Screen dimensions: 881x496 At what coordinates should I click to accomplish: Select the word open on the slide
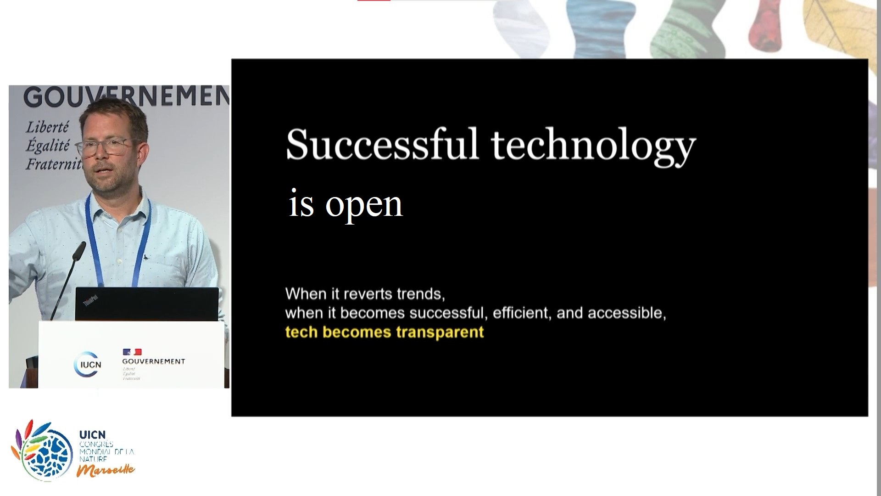click(364, 205)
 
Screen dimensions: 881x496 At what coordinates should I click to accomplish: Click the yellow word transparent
click(440, 332)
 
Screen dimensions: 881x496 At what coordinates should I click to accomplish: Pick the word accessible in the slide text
click(627, 313)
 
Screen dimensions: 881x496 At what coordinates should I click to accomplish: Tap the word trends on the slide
click(421, 293)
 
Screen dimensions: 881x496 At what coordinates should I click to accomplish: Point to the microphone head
click(79, 250)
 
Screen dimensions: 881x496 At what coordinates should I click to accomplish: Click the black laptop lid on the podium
click(147, 304)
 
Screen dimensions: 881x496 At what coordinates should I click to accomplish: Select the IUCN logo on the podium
click(88, 364)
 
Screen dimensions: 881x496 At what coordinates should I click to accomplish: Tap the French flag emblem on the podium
click(132, 352)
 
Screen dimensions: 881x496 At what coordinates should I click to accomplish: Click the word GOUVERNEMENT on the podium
click(154, 361)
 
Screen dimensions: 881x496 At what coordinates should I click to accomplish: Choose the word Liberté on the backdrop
click(47, 127)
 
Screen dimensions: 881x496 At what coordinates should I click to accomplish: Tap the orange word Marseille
click(106, 470)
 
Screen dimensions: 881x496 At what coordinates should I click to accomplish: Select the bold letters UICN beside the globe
click(92, 434)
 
